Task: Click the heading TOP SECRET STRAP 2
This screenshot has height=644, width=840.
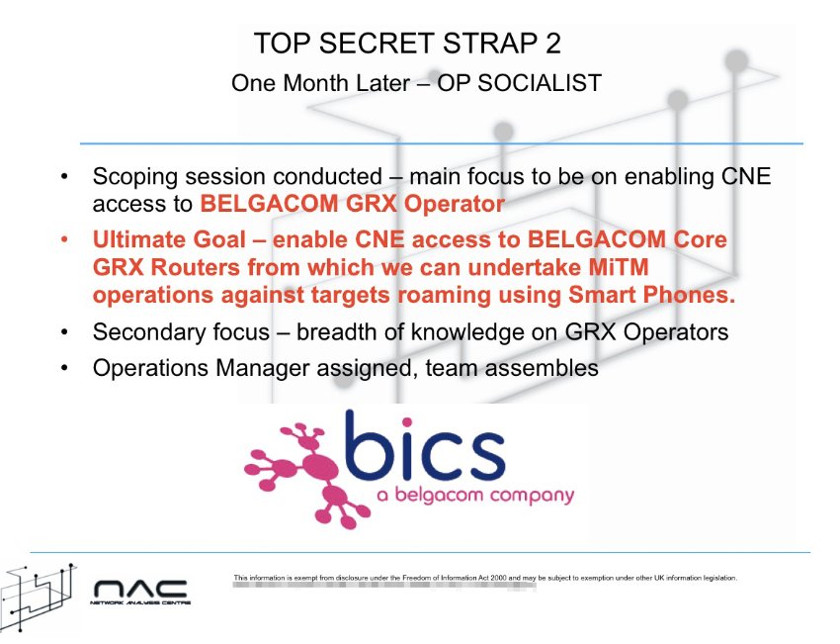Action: [408, 44]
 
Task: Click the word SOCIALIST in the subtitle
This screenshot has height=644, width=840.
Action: [540, 83]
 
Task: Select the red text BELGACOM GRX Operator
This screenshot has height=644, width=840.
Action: [353, 204]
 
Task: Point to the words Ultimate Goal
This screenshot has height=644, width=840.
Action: [169, 239]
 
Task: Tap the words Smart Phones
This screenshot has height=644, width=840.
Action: [652, 295]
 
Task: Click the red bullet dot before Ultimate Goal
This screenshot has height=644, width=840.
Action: [64, 239]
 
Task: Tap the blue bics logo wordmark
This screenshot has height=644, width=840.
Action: [425, 448]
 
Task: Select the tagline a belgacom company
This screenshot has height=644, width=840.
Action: [475, 495]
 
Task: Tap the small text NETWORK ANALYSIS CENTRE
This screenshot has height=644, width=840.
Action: [140, 603]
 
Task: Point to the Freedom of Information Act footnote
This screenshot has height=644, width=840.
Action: [485, 578]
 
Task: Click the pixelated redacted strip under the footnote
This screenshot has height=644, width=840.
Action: [384, 586]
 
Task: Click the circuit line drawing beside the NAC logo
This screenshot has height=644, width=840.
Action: [38, 598]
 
